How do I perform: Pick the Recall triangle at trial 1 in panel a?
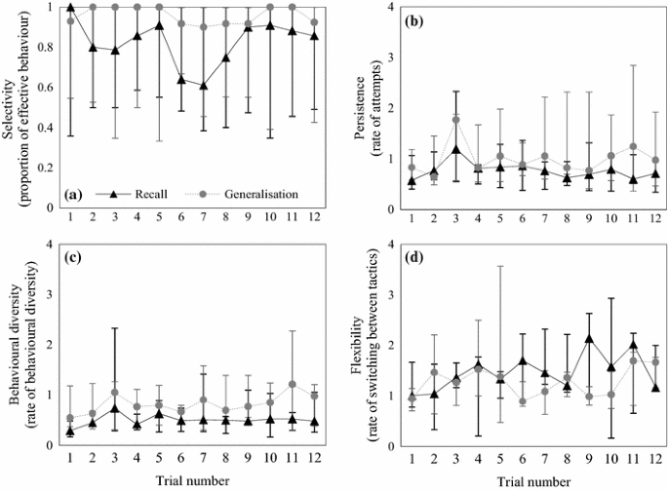pos(70,8)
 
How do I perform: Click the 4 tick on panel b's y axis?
pos(388,8)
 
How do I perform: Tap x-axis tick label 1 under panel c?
pos(70,459)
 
